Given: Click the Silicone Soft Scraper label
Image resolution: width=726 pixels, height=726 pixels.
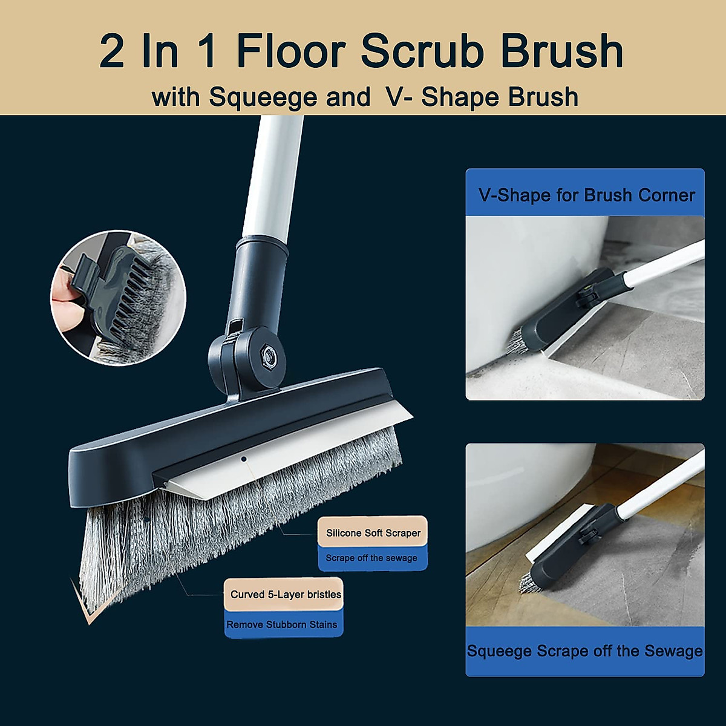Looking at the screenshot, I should (373, 532).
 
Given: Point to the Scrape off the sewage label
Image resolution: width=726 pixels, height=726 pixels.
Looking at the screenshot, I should (371, 558).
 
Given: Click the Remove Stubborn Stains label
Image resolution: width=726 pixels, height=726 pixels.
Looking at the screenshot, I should (282, 624).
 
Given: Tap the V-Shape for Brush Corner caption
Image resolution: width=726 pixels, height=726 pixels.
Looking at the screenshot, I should (586, 195).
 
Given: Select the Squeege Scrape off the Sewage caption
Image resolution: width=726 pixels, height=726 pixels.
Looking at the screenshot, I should (584, 651).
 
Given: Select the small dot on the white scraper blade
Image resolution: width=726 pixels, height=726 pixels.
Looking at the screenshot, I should (244, 459).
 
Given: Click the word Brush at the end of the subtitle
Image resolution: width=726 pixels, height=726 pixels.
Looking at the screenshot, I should (543, 97).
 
